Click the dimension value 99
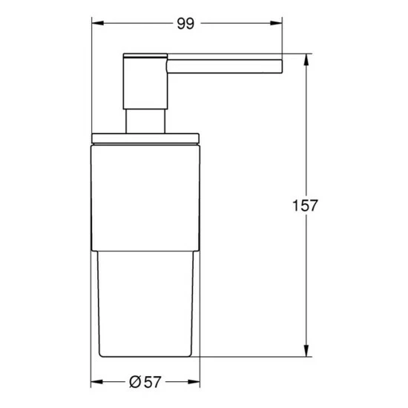185,24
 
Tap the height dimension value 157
305,205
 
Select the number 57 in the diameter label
151,383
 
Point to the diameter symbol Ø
134,383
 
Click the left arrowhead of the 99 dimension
95,24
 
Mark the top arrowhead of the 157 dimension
305,59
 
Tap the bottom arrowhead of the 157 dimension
305,352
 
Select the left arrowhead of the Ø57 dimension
95,383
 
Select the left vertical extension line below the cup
91,371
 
